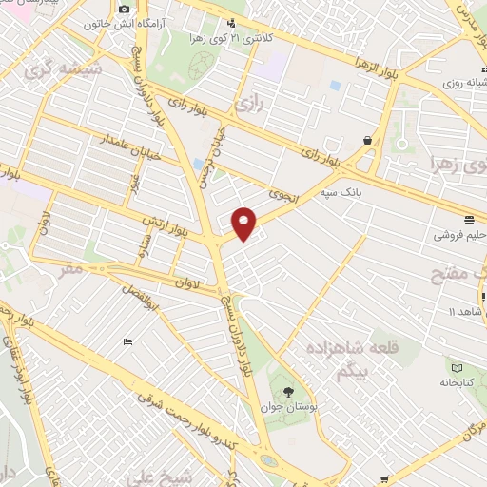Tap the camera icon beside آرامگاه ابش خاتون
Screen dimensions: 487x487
[x=124, y=10]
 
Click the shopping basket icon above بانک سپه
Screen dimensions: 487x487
[x=367, y=140]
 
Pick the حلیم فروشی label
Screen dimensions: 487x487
[x=460, y=234]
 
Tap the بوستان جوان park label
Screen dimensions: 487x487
[x=286, y=407]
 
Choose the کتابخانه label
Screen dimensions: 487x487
[x=459, y=383]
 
